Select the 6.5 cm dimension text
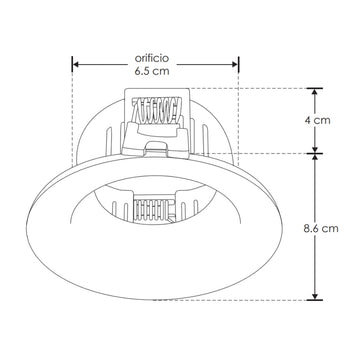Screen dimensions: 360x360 click(x=151, y=72)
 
